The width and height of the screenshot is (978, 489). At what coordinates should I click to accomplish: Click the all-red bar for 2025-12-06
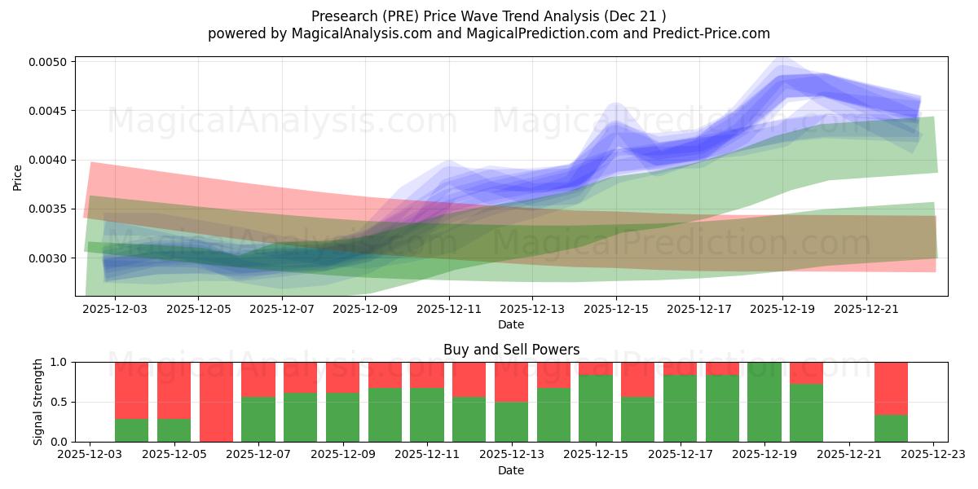[x=216, y=402]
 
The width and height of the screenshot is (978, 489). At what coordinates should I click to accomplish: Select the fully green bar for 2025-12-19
[x=764, y=402]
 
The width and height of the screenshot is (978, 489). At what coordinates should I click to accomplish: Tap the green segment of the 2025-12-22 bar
[x=891, y=428]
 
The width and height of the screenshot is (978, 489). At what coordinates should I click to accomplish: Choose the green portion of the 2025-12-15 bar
[x=596, y=408]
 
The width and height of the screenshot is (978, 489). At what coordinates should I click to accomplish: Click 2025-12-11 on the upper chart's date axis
[x=449, y=310]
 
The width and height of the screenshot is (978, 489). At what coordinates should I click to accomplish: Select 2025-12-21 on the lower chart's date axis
[x=849, y=455]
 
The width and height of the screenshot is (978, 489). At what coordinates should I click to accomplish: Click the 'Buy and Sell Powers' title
[x=511, y=350]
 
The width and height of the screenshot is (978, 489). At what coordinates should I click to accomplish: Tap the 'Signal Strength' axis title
[x=38, y=402]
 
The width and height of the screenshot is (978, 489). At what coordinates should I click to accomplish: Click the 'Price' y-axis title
[x=18, y=178]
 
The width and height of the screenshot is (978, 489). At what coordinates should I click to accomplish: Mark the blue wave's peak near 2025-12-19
[x=782, y=77]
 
